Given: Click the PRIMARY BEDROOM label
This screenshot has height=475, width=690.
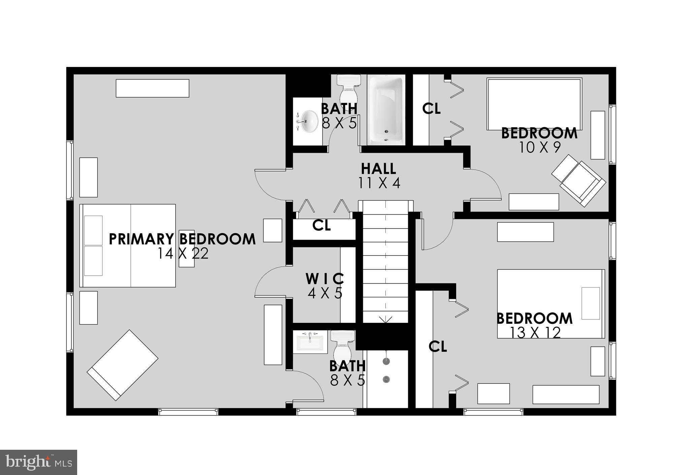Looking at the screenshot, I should pyautogui.click(x=182, y=239).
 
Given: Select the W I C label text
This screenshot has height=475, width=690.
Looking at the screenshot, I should pyautogui.click(x=325, y=279).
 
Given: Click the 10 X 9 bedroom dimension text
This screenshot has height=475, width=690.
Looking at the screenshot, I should pyautogui.click(x=539, y=147).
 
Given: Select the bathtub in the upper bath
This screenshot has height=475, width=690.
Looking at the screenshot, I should pyautogui.click(x=386, y=110).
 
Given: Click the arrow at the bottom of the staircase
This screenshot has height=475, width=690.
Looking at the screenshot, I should pyautogui.click(x=385, y=319).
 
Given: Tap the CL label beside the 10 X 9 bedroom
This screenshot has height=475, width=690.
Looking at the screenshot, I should pyautogui.click(x=431, y=109).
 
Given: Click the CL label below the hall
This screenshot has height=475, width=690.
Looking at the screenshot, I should pyautogui.click(x=321, y=226).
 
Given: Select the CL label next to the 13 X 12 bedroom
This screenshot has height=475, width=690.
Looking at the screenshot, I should pyautogui.click(x=438, y=346).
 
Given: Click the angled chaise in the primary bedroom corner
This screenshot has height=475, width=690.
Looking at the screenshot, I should pyautogui.click(x=123, y=365).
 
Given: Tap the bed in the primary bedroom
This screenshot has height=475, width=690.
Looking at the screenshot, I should pyautogui.click(x=128, y=245).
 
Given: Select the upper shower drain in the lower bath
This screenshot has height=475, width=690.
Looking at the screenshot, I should pyautogui.click(x=386, y=361).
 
